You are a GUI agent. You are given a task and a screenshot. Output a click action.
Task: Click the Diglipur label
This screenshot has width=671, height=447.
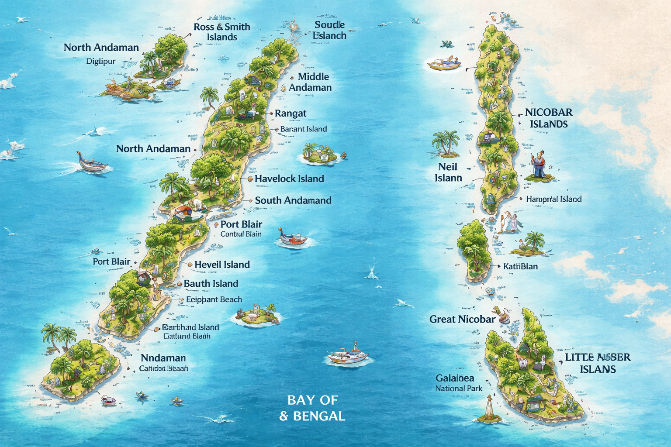point(101,62)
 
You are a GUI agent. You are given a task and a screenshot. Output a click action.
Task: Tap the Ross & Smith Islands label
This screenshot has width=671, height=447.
point(222,32)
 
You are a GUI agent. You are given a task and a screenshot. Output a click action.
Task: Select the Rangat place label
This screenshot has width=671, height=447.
point(291,113)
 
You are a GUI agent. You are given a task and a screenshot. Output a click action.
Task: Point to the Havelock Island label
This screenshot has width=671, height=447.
point(289,179)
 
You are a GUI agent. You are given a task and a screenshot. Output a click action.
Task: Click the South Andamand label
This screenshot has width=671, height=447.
point(293,200)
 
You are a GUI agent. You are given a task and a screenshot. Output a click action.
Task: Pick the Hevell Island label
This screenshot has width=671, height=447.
point(222,265)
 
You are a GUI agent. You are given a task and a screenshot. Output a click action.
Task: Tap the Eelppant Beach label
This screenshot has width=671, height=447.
point(214,299)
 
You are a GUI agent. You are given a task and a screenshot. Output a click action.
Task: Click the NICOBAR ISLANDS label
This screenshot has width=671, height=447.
point(549,118)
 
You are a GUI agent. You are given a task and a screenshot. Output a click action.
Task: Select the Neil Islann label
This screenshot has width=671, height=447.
point(448,172)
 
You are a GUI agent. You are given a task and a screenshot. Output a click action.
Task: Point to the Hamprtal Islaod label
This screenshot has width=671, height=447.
point(553,199)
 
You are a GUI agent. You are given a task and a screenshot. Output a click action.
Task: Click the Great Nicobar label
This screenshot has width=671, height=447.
point(462,319)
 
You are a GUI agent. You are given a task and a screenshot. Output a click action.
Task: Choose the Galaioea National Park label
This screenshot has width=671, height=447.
point(458,383)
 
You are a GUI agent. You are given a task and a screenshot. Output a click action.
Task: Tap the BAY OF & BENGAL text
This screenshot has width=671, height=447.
point(312,408)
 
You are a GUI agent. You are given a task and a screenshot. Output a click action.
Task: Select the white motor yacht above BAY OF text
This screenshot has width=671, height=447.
point(348,355)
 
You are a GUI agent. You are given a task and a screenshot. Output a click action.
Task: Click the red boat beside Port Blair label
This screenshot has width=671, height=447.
point(293,238)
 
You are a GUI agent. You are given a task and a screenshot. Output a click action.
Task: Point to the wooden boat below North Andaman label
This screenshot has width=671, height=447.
point(91,163)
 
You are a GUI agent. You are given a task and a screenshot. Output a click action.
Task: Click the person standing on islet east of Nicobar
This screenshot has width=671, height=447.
point(539,165)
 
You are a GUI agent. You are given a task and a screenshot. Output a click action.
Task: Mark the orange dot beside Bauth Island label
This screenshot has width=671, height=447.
point(179,284)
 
